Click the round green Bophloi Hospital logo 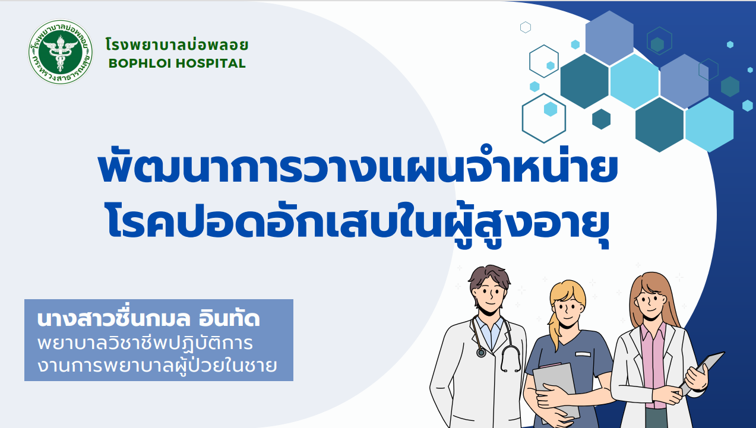(x=61, y=52)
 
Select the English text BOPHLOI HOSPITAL (x=177, y=64)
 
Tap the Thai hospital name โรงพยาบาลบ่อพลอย (x=177, y=45)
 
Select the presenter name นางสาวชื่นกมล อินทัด (x=148, y=318)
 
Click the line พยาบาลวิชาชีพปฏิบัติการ (x=145, y=343)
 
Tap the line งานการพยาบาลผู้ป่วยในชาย (x=157, y=366)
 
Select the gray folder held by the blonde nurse (x=555, y=388)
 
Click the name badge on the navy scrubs (x=583, y=354)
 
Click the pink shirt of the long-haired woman (x=654, y=364)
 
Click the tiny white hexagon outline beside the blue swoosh (x=526, y=27)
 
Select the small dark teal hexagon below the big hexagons (x=602, y=119)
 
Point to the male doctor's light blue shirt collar (x=488, y=329)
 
